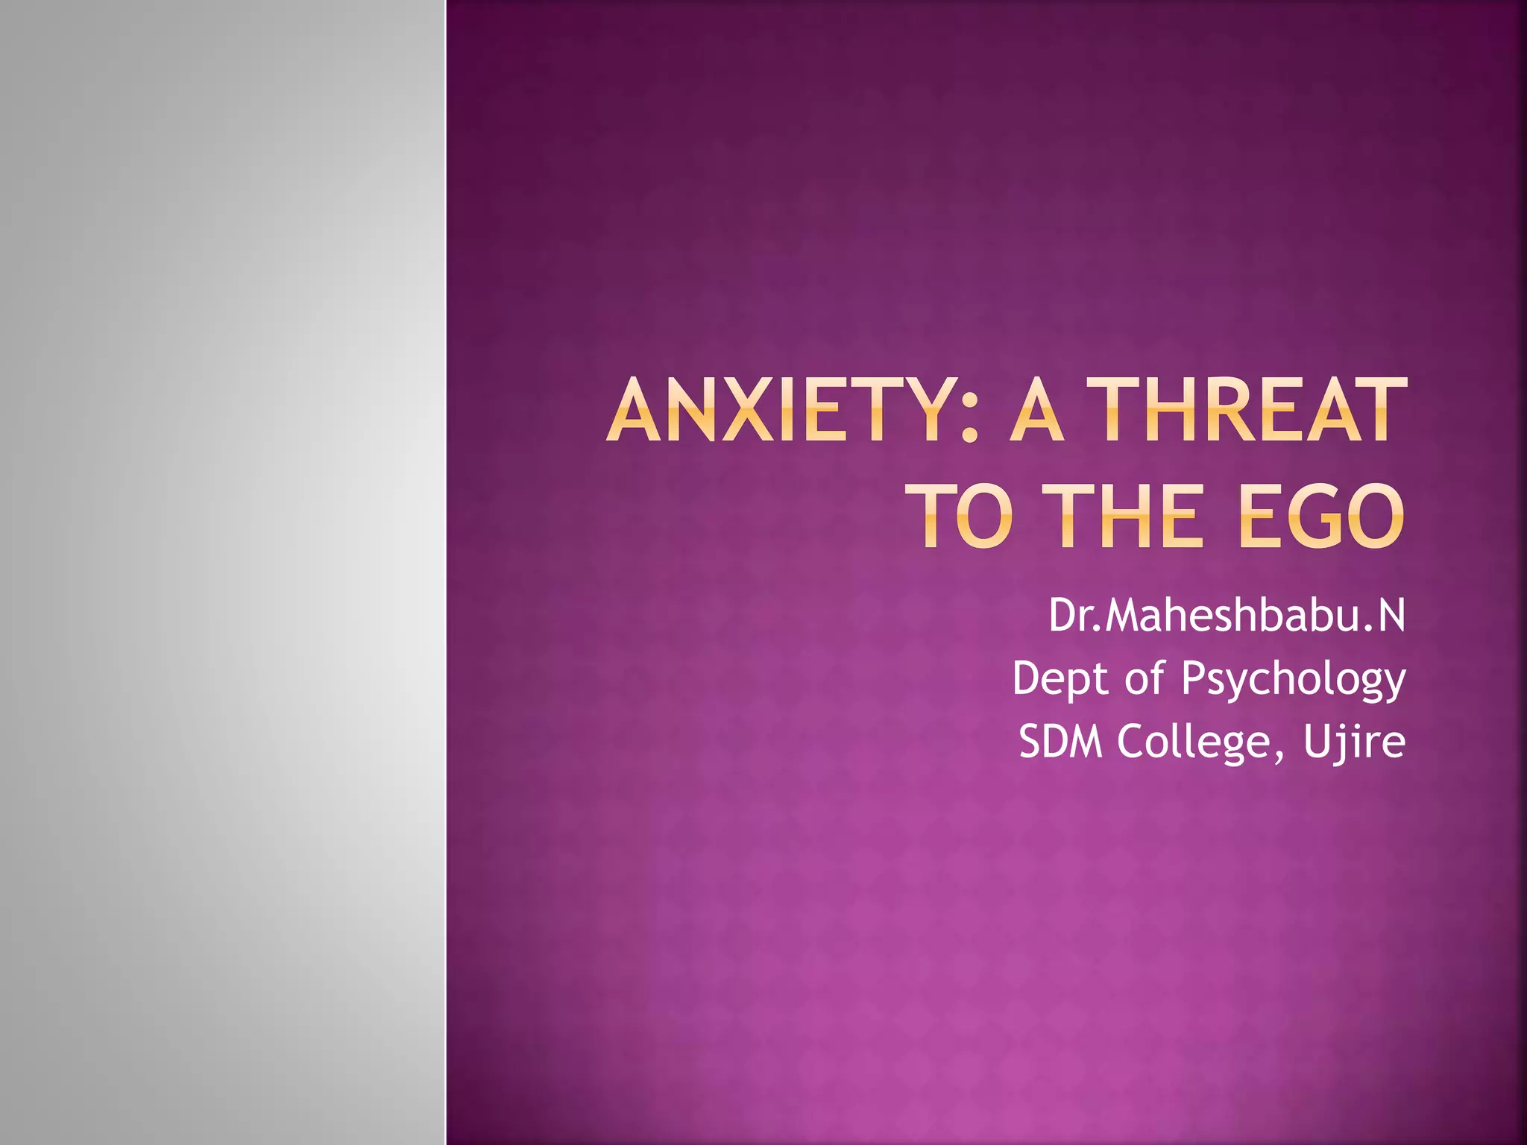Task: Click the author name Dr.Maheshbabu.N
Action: tap(1227, 616)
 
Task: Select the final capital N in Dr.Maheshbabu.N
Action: tap(1390, 616)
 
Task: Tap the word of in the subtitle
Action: tap(1144, 678)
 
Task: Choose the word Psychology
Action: tap(1294, 680)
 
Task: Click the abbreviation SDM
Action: tap(1060, 742)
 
